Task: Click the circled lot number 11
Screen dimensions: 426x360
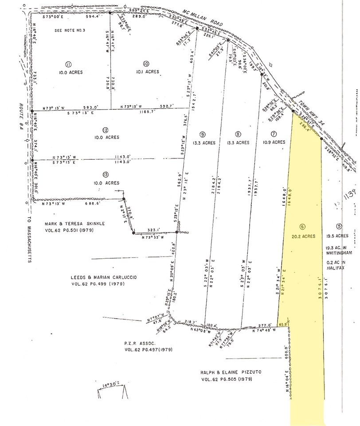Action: pos(68,63)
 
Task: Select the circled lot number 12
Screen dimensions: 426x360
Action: pos(105,130)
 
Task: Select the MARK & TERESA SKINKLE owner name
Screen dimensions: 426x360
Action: pos(78,224)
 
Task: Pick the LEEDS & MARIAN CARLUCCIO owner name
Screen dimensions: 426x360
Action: pos(104,277)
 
